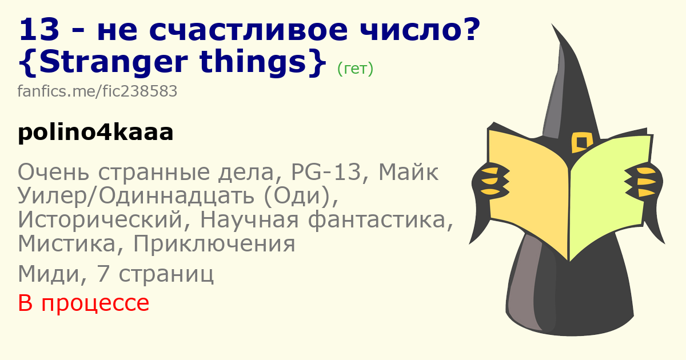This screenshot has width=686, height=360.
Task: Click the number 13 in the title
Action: (x=39, y=30)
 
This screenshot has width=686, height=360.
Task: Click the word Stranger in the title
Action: (x=113, y=63)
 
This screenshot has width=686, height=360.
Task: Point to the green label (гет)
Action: (x=355, y=69)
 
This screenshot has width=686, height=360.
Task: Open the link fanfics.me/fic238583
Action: (x=97, y=91)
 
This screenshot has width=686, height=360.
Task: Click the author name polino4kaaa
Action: (x=96, y=133)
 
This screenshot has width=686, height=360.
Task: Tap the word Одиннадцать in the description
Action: (x=177, y=196)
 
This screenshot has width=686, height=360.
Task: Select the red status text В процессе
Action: (x=83, y=303)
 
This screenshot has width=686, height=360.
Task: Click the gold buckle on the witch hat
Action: (x=581, y=142)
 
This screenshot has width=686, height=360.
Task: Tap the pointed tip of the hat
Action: (x=552, y=25)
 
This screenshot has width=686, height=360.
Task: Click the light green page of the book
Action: (x=609, y=196)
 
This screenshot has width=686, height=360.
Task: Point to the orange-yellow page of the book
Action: (x=528, y=193)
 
